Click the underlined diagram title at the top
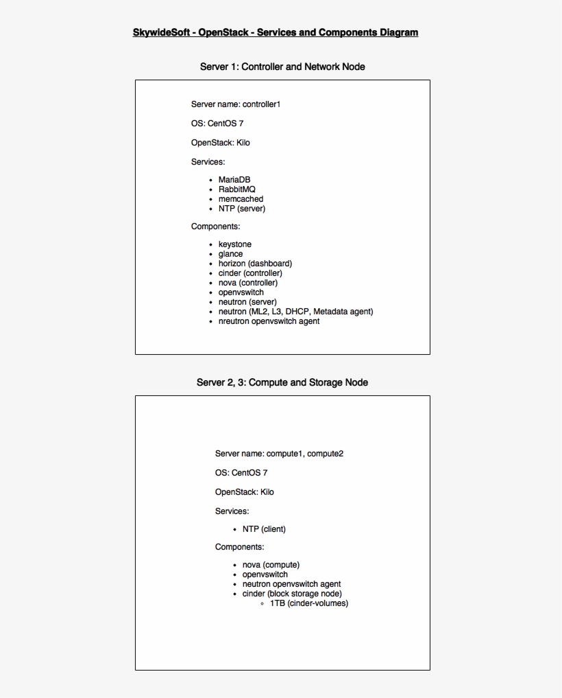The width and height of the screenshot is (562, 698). [276, 32]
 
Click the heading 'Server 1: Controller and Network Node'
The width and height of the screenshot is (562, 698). [282, 67]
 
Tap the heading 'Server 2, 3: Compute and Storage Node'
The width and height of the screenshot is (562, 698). [282, 382]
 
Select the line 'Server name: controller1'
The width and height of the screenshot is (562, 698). [236, 104]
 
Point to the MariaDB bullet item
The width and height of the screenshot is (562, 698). [234, 180]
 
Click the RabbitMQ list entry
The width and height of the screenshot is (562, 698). [237, 189]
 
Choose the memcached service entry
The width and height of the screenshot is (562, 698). [241, 199]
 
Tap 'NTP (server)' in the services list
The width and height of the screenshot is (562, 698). [242, 209]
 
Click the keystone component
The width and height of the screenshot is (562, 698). [235, 244]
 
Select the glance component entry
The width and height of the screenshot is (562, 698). [230, 254]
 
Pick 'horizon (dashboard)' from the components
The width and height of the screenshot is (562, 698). [255, 264]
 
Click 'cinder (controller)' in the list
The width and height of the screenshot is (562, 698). [250, 273]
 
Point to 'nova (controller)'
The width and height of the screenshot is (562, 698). [248, 283]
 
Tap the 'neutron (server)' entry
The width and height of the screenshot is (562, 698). [247, 302]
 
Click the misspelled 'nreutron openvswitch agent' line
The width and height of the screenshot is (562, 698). [269, 321]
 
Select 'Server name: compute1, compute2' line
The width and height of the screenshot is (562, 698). [279, 454]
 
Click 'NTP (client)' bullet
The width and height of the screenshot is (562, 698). [264, 529]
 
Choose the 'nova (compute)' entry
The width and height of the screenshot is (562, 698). [271, 565]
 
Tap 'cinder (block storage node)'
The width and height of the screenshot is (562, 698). [292, 594]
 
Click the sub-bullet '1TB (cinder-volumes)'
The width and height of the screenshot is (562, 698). [309, 603]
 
